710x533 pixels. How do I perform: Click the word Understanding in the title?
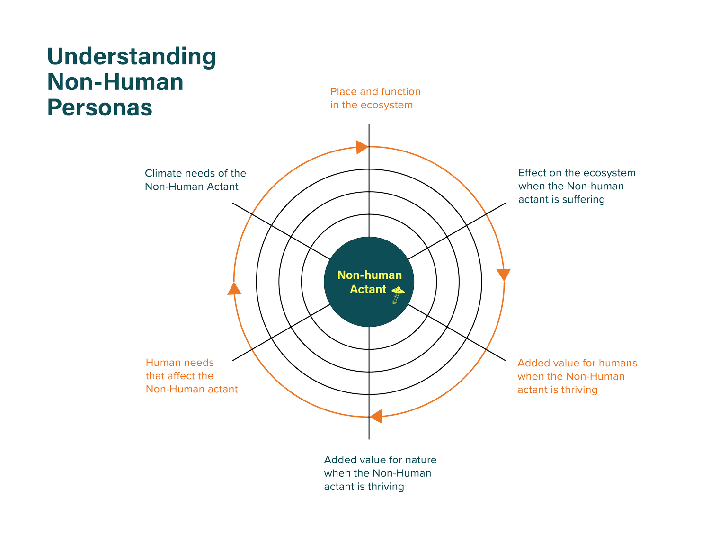point(132,57)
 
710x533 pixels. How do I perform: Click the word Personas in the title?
point(100,107)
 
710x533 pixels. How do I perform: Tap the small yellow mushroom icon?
point(398,294)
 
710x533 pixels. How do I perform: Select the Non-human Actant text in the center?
point(369,282)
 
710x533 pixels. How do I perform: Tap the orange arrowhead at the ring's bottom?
point(376,417)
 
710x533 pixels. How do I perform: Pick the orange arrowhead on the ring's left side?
point(234,289)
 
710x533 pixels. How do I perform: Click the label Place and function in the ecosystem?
point(375,98)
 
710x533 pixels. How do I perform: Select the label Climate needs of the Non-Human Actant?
point(195,180)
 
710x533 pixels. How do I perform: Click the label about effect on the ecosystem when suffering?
point(577,186)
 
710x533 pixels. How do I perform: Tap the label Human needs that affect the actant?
point(191,376)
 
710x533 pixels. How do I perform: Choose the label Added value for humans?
point(577,376)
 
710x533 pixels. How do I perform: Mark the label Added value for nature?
point(380,473)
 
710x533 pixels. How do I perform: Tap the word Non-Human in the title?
point(115,82)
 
